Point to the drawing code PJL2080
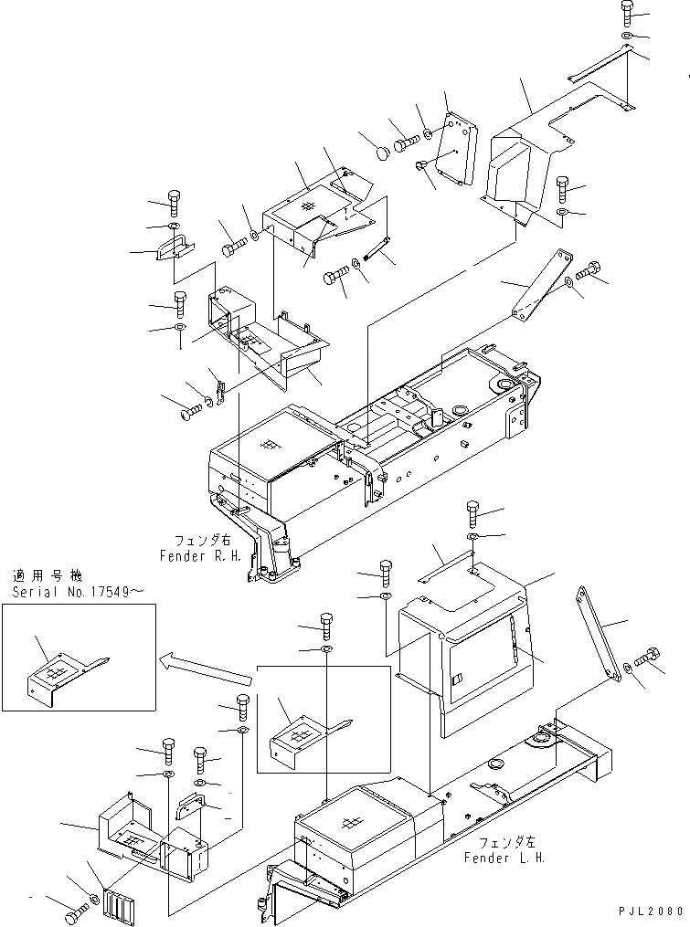[x=650, y=911]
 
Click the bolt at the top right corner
[x=627, y=12]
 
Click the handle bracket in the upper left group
[x=174, y=246]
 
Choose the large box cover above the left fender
[x=466, y=648]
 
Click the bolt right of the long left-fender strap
[x=650, y=657]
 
